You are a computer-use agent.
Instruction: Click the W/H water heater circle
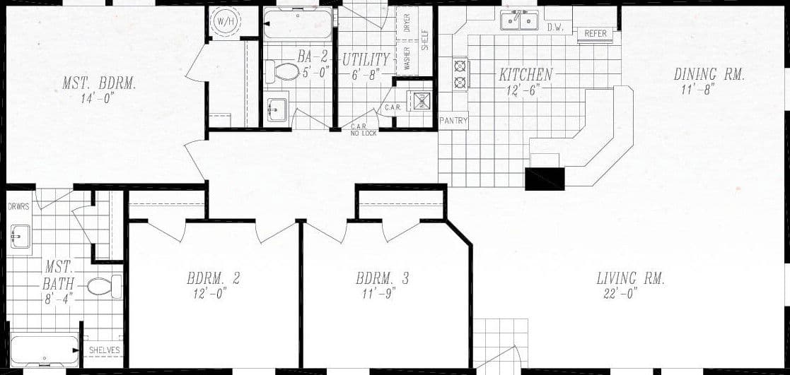(x=226, y=21)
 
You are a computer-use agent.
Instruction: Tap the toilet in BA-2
(x=283, y=71)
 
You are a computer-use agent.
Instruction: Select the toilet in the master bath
(x=103, y=286)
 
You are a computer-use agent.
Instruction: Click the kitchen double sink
(x=520, y=20)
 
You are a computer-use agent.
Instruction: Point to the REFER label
(x=596, y=33)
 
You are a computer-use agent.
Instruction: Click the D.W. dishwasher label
(x=555, y=27)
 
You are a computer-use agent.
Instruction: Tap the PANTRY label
(x=453, y=121)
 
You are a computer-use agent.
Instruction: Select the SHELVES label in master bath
(x=104, y=350)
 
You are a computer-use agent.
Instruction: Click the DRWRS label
(x=18, y=207)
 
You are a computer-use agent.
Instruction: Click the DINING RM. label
(x=708, y=74)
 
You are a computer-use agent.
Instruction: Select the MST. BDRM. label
(x=99, y=83)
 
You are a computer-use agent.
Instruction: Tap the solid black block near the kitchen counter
(x=545, y=179)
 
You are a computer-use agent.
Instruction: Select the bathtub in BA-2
(x=297, y=25)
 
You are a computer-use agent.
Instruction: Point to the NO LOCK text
(x=364, y=133)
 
